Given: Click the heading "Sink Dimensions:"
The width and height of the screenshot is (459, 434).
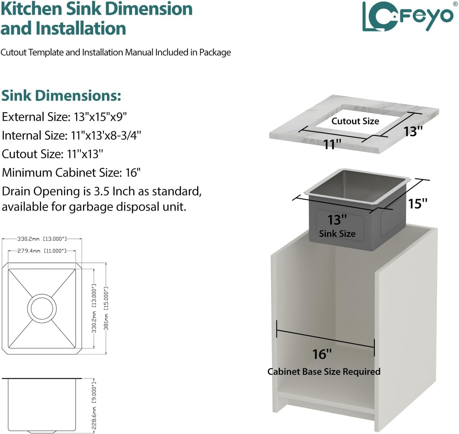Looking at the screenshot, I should (x=61, y=95).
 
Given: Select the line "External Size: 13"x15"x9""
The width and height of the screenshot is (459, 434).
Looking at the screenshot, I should (x=64, y=117).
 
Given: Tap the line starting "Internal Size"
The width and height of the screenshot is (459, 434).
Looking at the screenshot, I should (x=71, y=135).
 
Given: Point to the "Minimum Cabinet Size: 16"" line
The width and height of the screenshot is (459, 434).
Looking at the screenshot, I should (x=71, y=172).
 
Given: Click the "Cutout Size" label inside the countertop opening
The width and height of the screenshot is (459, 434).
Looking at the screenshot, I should (x=355, y=121).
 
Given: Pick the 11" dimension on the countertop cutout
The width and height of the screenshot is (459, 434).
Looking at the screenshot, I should (x=332, y=145).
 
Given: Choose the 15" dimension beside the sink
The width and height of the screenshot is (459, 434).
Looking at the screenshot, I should (x=417, y=204).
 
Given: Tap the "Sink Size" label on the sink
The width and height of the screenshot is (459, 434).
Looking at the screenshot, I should (x=337, y=234).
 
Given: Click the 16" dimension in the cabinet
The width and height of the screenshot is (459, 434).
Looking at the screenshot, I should (x=322, y=354).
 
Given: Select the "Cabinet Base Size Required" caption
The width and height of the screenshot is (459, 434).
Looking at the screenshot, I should (x=324, y=372).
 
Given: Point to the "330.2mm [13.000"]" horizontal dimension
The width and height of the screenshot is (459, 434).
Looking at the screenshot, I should (x=42, y=239).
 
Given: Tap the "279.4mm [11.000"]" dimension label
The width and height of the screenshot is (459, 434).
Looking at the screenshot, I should (x=42, y=251).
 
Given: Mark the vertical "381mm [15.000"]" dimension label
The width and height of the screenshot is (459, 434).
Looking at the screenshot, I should (x=106, y=308).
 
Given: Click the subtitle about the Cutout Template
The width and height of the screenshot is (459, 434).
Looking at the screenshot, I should (x=116, y=52).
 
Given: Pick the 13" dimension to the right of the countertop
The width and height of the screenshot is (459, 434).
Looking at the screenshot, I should (x=413, y=131).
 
